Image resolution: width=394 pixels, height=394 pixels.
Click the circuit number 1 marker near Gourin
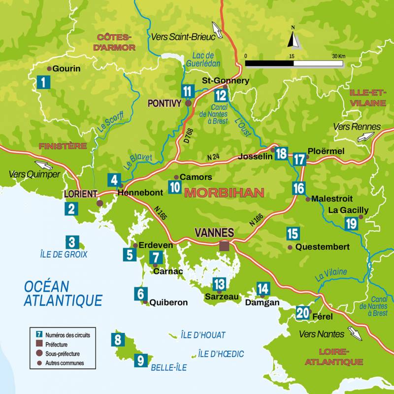[43, 82]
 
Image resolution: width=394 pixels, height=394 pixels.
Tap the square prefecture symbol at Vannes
[225, 246]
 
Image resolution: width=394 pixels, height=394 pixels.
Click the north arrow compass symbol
[293, 38]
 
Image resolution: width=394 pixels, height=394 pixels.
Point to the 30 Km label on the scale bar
[338, 56]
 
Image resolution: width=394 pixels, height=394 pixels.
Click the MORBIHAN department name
[224, 193]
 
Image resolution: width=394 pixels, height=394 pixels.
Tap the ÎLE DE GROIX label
[64, 254]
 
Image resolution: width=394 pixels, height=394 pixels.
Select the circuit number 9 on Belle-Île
[140, 361]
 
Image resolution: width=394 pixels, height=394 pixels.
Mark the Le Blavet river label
[138, 162]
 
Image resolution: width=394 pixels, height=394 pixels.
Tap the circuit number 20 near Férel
[303, 313]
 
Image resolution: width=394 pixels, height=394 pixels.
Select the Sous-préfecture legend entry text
[63, 354]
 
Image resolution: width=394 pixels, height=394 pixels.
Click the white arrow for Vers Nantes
[355, 334]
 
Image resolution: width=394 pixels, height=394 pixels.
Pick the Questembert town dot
[290, 247]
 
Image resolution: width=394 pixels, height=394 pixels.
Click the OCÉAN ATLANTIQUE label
[63, 293]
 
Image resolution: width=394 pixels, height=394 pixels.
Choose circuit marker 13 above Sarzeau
[219, 284]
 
